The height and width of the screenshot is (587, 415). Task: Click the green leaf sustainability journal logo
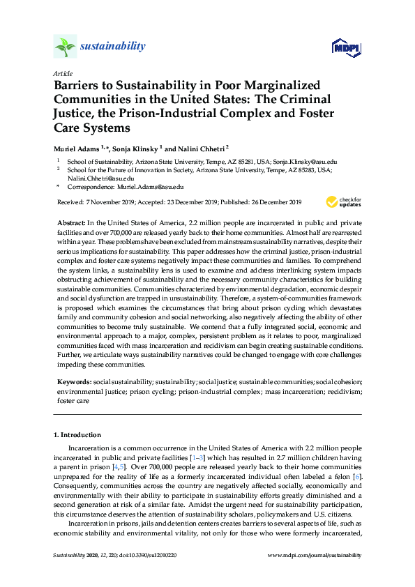coord(65,47)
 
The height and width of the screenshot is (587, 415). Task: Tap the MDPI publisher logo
coord(346,47)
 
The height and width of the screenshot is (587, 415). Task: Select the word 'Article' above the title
coord(62,73)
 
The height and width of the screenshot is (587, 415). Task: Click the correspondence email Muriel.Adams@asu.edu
coord(152,187)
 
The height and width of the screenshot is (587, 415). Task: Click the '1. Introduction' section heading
coord(78,434)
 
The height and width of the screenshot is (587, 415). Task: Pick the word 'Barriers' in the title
coord(77,84)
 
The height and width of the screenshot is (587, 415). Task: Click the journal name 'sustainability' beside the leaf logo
coord(113,47)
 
